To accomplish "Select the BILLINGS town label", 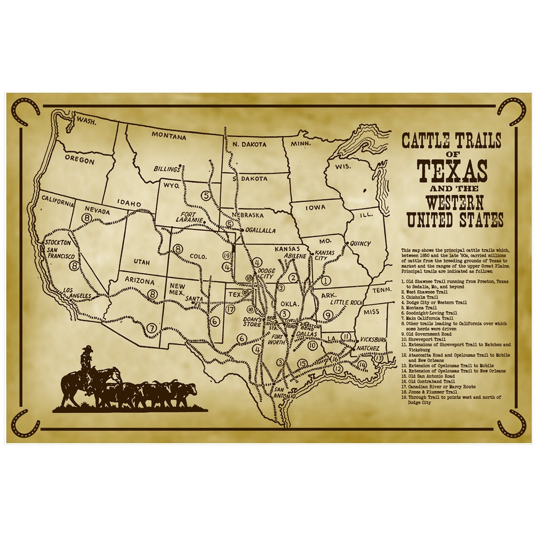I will click(166, 169).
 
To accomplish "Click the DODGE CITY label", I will click(266, 274).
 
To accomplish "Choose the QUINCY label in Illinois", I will click(358, 244).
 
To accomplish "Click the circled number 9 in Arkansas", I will click(328, 315).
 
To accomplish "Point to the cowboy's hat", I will click(87, 348).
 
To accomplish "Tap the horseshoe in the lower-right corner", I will click(512, 423).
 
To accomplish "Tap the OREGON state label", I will click(80, 159).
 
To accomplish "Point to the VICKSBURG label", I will click(373, 340).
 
